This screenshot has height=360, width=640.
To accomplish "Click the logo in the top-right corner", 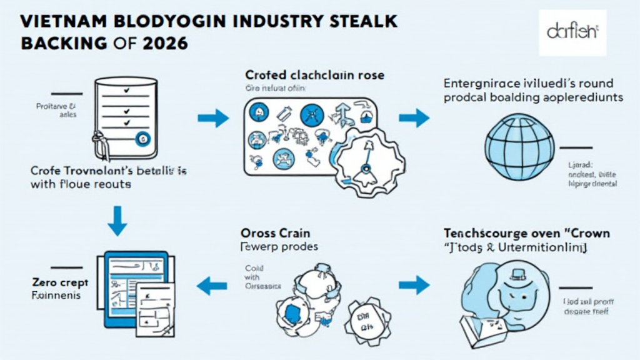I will (572, 32).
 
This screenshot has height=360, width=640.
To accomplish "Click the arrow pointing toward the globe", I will (413, 117).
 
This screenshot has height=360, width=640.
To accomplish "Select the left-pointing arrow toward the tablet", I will (211, 286).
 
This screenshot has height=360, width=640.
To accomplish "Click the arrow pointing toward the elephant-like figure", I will (414, 286).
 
